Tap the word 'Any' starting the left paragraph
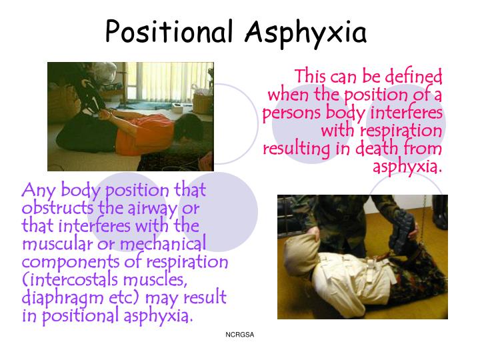pyautogui.click(x=38, y=191)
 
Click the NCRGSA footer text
pyautogui.click(x=240, y=333)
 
